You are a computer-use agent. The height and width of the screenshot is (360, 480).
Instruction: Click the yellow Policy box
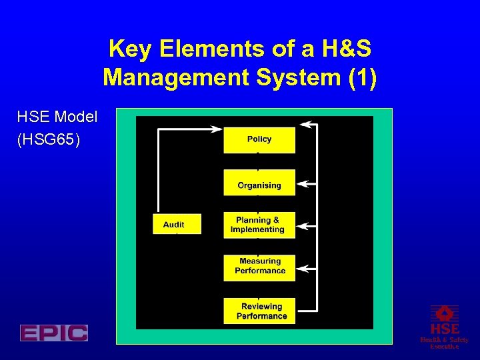click(x=259, y=139)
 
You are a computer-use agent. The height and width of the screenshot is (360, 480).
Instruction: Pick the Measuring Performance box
click(x=259, y=266)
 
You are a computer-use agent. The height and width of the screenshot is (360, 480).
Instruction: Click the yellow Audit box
click(x=174, y=225)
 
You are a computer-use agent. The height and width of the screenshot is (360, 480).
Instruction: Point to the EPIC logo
click(x=54, y=333)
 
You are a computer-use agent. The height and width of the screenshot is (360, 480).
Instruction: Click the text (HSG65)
click(x=49, y=141)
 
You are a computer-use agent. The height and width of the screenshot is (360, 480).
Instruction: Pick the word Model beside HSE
click(x=76, y=117)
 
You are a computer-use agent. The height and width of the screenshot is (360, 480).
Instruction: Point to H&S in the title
click(x=342, y=49)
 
